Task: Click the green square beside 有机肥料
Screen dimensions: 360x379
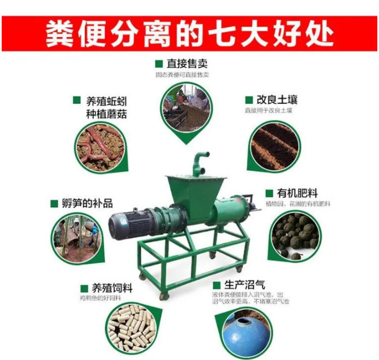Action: coord(269,193)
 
